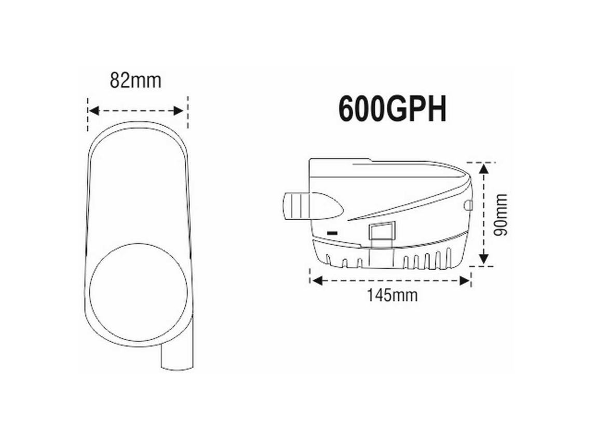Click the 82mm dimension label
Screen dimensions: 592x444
click(x=136, y=81)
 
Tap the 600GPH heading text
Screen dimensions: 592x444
click(x=392, y=109)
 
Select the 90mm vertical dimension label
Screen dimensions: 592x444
click(x=501, y=214)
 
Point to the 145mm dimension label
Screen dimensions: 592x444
click(x=393, y=295)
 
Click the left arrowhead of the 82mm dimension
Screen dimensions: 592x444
click(x=93, y=111)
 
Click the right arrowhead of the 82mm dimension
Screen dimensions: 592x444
click(x=178, y=111)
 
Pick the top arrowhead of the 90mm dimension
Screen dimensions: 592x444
click(x=483, y=168)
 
